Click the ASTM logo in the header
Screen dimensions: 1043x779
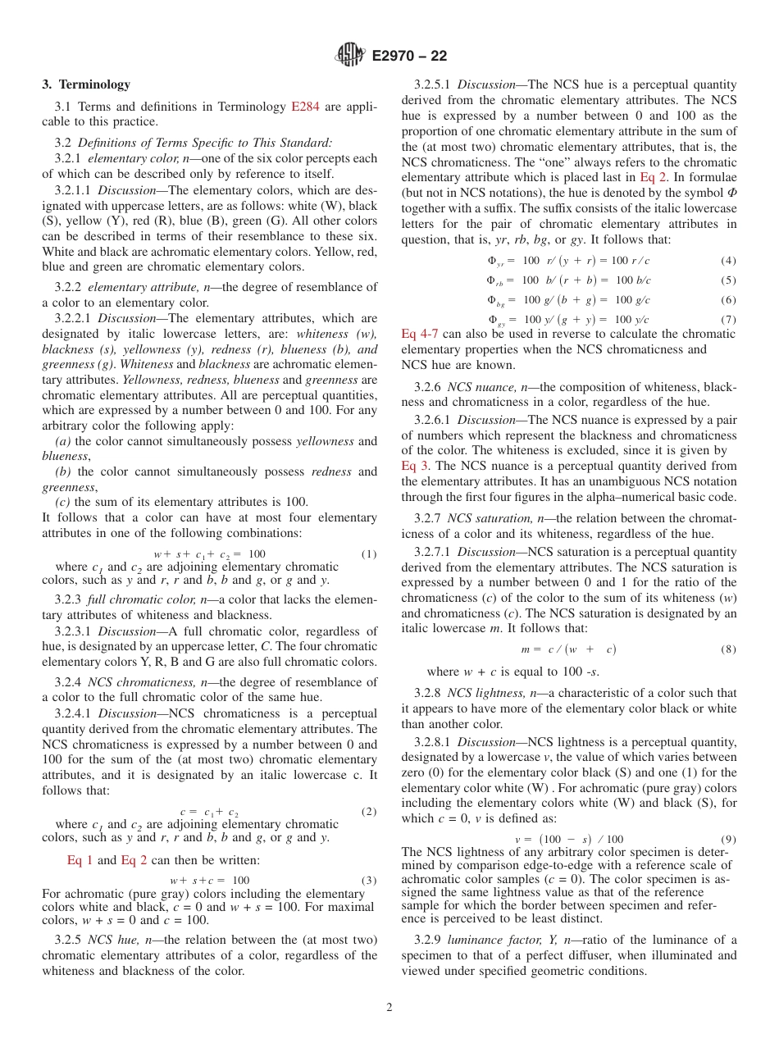click(350, 56)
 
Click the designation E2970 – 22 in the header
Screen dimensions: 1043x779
click(409, 57)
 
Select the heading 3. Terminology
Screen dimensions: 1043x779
click(86, 84)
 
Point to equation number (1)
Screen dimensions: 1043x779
click(369, 554)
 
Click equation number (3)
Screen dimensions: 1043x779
click(369, 881)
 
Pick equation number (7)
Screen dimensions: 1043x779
click(728, 319)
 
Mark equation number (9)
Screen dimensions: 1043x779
click(728, 840)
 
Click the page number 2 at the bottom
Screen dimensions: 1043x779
click(389, 1008)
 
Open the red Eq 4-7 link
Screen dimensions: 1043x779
click(419, 334)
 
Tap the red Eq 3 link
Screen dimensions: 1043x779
click(416, 466)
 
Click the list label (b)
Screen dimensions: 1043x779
click(62, 471)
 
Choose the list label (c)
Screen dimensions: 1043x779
click(62, 502)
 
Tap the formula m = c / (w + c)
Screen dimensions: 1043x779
click(568, 649)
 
